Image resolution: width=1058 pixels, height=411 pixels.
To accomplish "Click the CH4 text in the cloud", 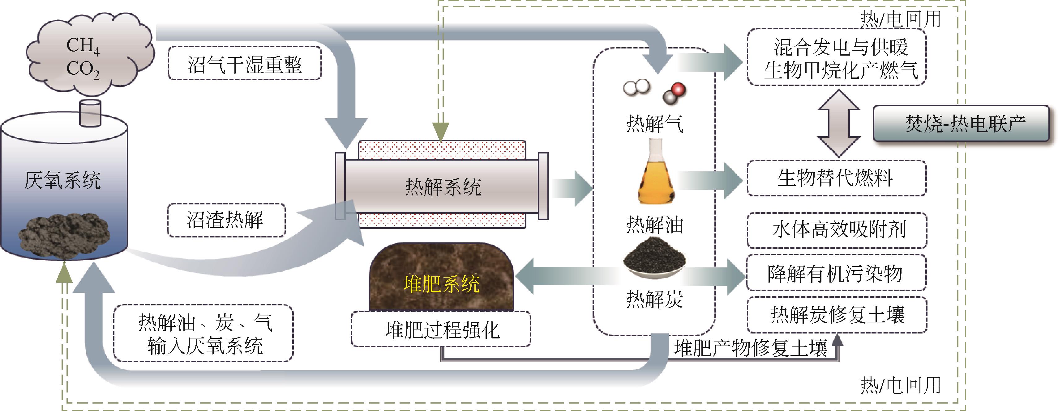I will tap(83, 46).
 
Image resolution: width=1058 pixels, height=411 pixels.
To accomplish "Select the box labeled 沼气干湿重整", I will tap(245, 63).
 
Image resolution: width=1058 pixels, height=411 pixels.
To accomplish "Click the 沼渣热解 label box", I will tap(226, 220).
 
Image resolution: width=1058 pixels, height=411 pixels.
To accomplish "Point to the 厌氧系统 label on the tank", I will tap(63, 180).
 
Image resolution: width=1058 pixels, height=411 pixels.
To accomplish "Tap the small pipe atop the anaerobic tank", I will tap(90, 112).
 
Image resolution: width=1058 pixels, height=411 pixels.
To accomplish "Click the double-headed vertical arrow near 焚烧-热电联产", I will tap(839, 124).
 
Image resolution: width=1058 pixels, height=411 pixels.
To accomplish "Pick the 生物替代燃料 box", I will tap(836, 178).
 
